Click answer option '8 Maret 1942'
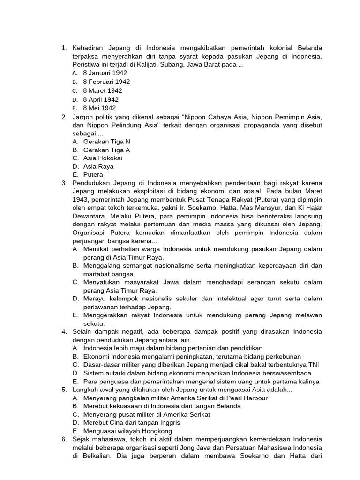coord(102,90)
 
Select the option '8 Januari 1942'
coord(105,73)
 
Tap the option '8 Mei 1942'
coord(99,108)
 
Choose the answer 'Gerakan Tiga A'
coord(106,150)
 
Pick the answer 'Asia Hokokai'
coord(103,158)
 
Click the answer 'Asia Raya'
coord(98,166)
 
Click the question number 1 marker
coord(64,48)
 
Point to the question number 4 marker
coord(64,331)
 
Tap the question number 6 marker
coord(64,439)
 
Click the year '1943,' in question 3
coord(81,200)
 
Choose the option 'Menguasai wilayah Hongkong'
coord(127,431)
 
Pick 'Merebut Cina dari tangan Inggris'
coord(132,422)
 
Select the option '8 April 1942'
coord(101,99)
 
